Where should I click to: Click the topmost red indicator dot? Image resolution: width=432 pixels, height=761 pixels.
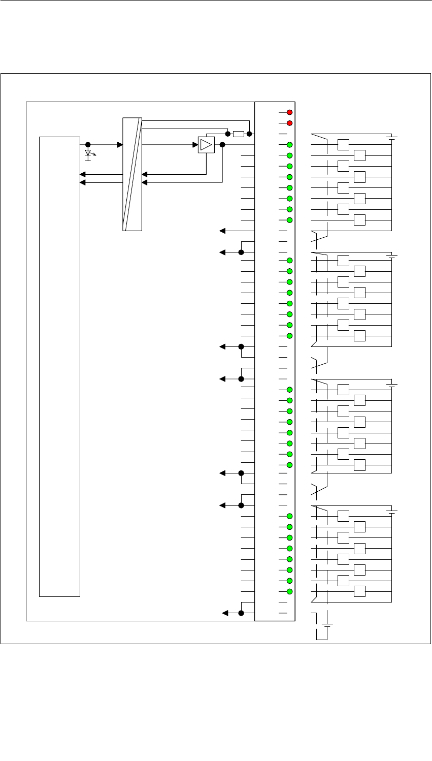click(289, 112)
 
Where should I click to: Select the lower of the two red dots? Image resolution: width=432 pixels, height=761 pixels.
click(289, 123)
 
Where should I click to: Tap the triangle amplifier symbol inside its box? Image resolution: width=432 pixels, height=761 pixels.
click(206, 145)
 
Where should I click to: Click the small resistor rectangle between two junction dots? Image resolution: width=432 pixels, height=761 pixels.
click(239, 134)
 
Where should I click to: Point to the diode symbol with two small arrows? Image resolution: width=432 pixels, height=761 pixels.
click(88, 153)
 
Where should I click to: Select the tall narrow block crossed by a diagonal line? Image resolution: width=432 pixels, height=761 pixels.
click(132, 174)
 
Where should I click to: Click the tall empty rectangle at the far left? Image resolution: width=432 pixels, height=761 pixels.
click(60, 366)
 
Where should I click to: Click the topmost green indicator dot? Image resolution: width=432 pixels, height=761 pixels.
click(289, 145)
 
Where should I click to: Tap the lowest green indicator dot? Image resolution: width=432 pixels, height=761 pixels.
click(289, 591)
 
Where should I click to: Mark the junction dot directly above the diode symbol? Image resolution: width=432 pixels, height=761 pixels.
click(88, 145)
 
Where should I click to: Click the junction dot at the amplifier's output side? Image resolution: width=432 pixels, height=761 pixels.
click(222, 145)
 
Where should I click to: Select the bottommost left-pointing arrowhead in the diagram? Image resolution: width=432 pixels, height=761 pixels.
click(225, 613)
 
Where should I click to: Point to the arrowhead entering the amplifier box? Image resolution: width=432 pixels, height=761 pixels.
click(195, 145)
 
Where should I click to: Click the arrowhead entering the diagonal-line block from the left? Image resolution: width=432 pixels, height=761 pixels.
click(120, 145)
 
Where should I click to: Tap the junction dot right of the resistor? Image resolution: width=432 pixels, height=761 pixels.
click(249, 134)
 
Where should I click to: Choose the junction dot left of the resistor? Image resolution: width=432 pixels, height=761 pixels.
click(228, 134)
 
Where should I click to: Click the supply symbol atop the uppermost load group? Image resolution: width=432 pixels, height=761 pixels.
click(391, 137)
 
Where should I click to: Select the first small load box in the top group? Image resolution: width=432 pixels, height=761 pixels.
click(344, 145)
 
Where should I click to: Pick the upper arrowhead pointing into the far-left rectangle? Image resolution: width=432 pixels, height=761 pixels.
click(83, 174)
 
